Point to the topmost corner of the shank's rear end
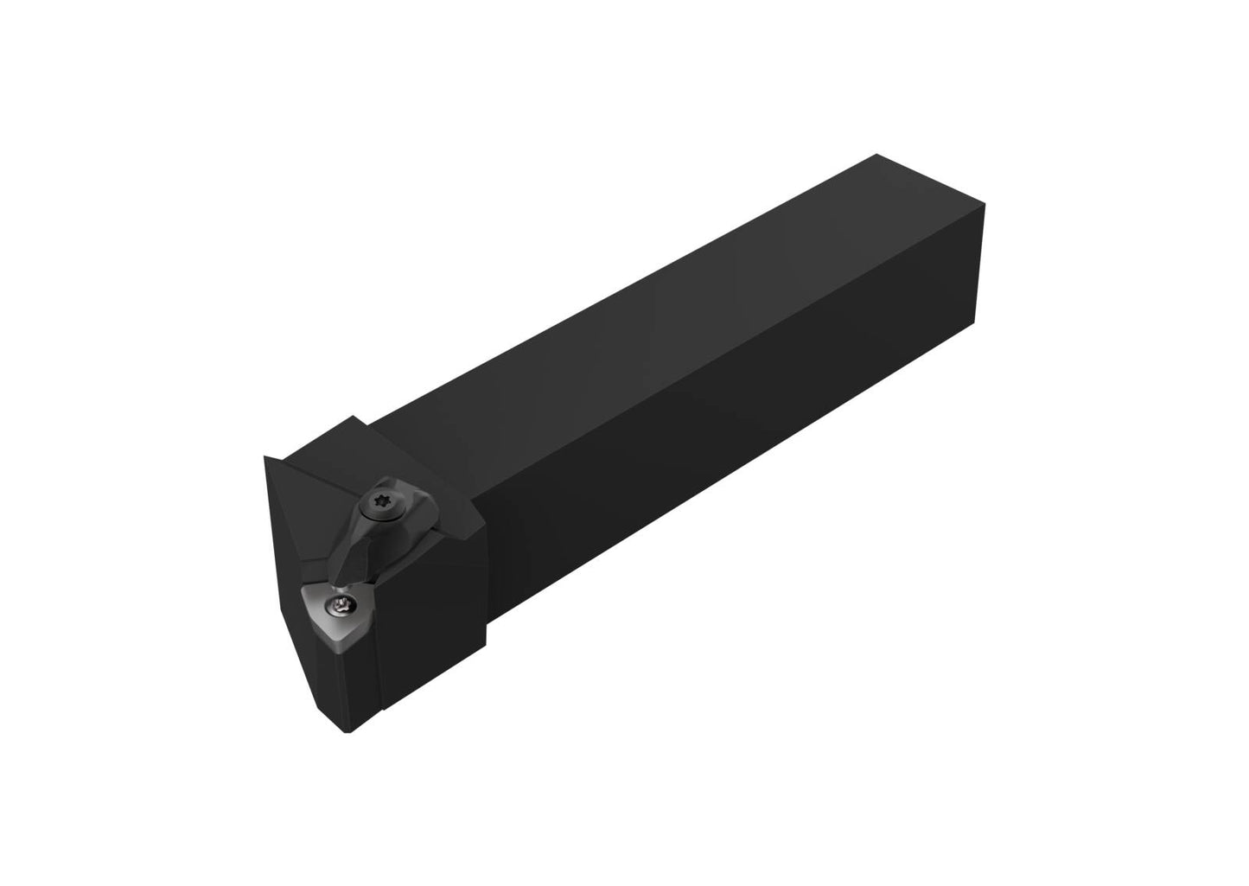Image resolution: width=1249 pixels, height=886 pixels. (x=877, y=155)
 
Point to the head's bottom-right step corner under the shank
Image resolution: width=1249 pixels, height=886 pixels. (x=485, y=644)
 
